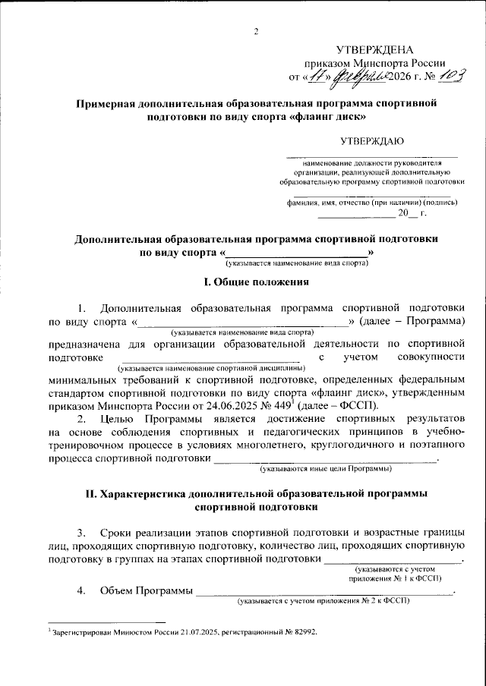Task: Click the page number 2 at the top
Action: pos(256,31)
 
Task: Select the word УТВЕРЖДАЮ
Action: pos(372,140)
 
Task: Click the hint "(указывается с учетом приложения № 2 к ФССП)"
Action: pos(323,601)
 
